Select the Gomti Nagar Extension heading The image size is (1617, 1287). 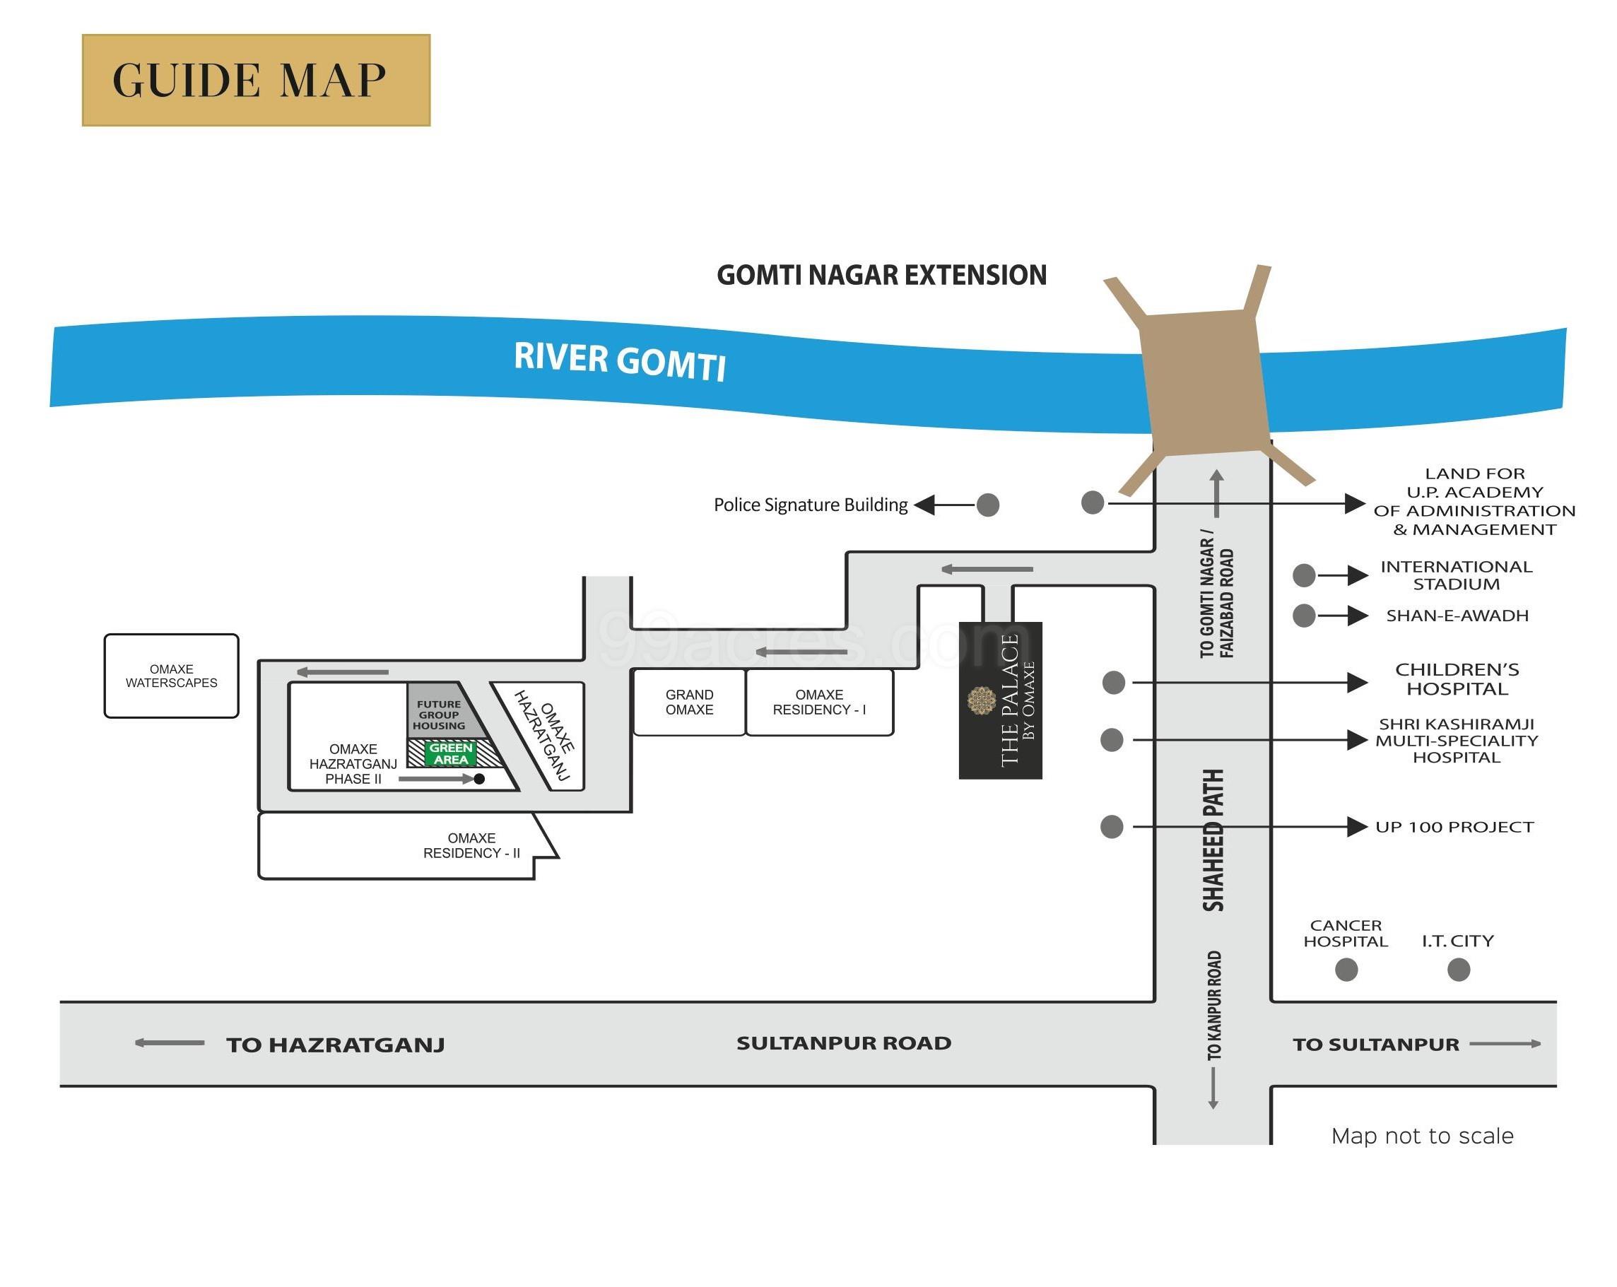tap(881, 275)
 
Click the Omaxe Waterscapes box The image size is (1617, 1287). tap(171, 676)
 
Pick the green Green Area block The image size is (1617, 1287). tap(451, 753)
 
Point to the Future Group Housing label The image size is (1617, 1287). tap(439, 715)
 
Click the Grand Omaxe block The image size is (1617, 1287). tap(689, 702)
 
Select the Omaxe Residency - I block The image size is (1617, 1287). tap(819, 702)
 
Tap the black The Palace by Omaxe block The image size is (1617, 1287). tap(1001, 700)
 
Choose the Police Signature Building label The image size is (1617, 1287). tap(810, 505)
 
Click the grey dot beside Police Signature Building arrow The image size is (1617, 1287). tap(988, 505)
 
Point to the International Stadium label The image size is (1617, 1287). tap(1456, 575)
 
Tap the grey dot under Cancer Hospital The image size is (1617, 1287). tap(1346, 970)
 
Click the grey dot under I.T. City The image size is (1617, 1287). tap(1458, 970)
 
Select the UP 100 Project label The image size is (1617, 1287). tap(1454, 826)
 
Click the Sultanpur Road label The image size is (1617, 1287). tap(844, 1042)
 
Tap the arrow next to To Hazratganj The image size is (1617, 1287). tap(170, 1042)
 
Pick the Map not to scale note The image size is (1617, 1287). tap(1422, 1136)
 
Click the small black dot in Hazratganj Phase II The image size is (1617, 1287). tap(479, 779)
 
